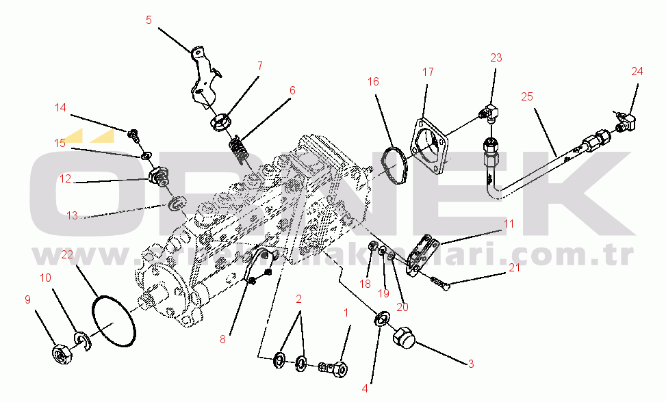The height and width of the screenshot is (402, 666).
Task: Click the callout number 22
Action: coord(66,254)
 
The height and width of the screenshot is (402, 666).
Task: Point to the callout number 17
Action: coord(428,72)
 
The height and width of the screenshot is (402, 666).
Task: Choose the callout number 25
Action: coord(527,96)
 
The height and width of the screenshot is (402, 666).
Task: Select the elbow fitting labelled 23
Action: coord(492,111)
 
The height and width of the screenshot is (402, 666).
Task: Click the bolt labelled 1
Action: coord(333,368)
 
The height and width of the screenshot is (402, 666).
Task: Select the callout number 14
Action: coord(61,107)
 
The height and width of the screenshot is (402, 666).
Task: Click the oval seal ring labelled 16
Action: coord(393,165)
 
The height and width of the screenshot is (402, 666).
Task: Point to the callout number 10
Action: coord(46,278)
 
